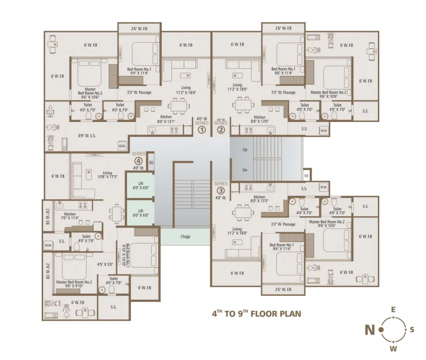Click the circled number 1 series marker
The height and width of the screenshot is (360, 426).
[x=201, y=130]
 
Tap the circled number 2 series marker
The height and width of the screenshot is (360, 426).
[x=221, y=130]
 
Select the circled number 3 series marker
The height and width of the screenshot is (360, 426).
[x=221, y=190]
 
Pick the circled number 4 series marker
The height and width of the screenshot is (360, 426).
[x=138, y=161]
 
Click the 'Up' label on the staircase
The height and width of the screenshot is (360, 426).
[x=245, y=150]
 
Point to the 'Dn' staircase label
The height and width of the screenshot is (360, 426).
[x=245, y=170]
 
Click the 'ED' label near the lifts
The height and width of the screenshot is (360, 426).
[x=151, y=162]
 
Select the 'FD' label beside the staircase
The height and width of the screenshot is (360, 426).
[x=306, y=176]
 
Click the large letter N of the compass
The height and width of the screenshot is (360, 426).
[x=370, y=330]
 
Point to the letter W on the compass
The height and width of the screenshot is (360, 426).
[x=393, y=348]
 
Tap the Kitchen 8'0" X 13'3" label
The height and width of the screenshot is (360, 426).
[x=259, y=199]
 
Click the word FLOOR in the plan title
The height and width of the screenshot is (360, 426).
[x=265, y=314]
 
